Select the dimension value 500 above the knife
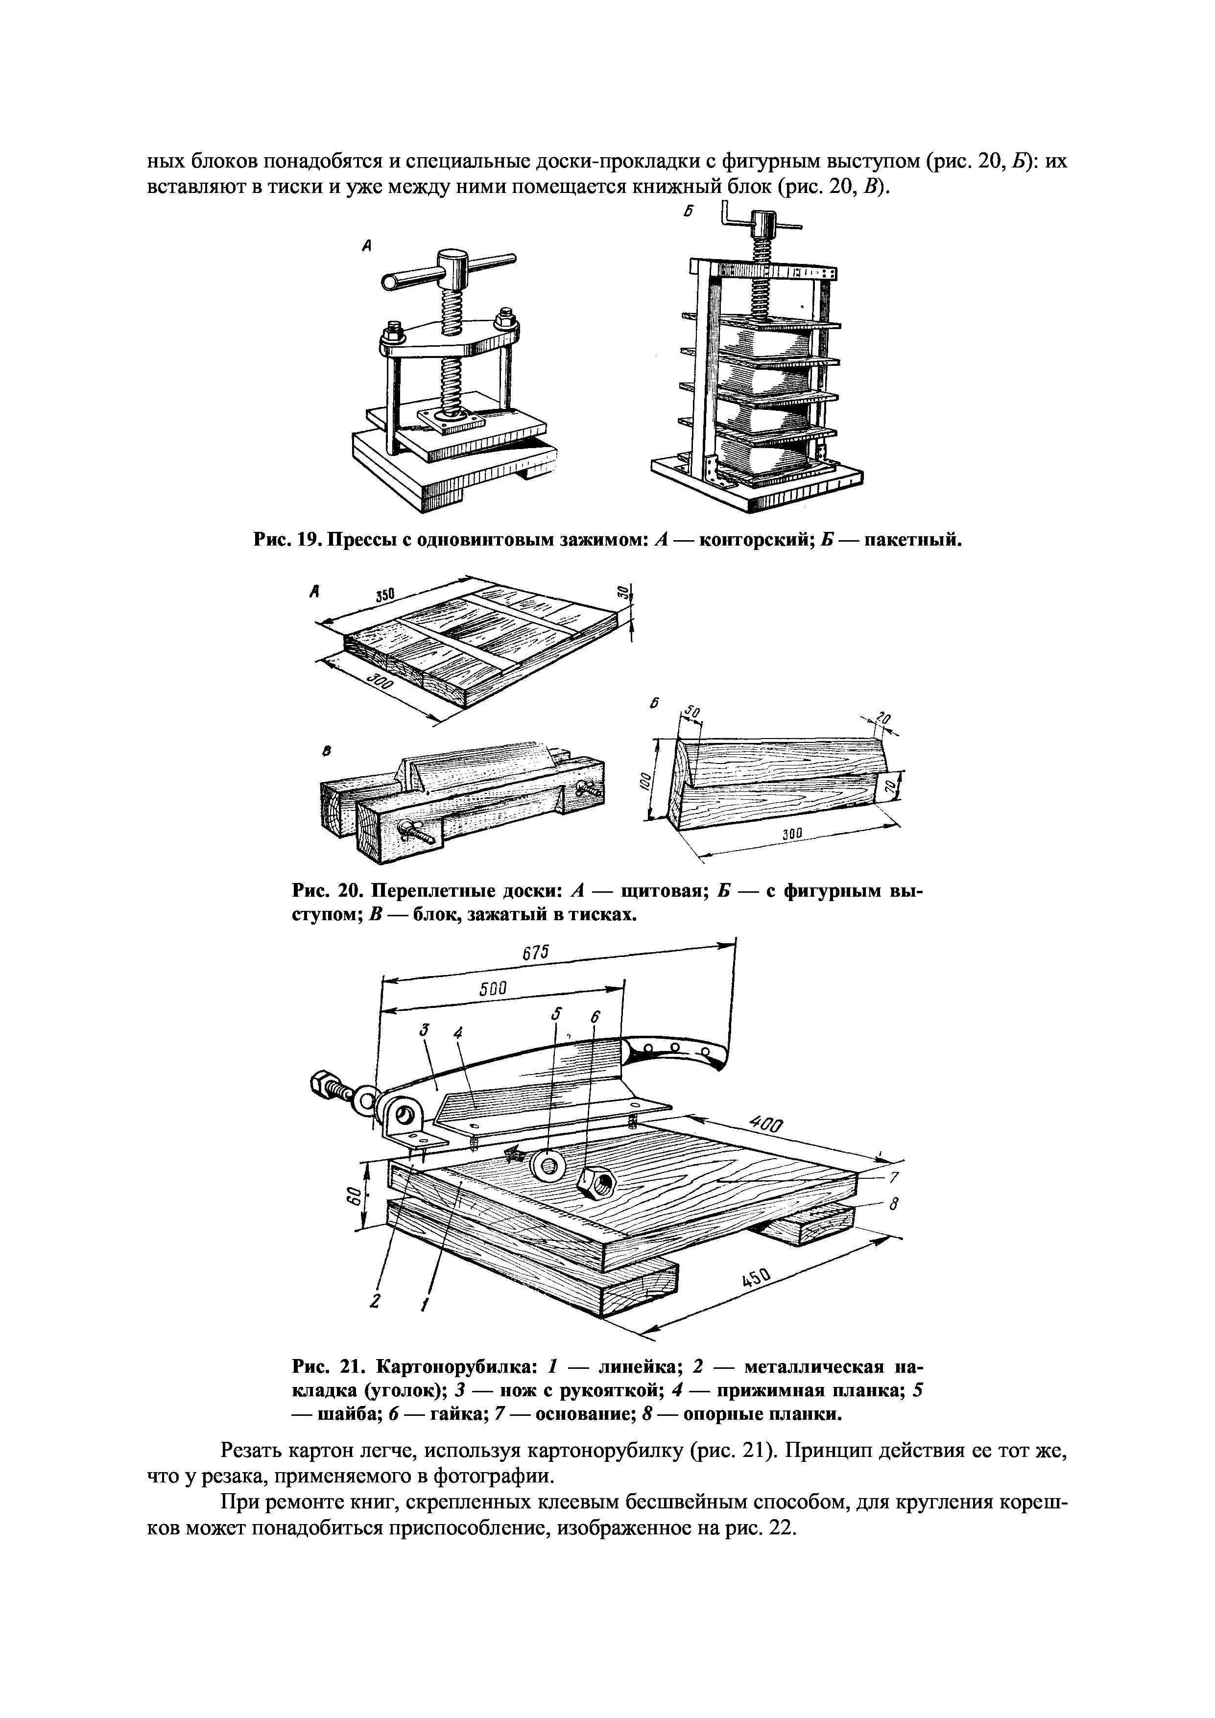pyautogui.click(x=493, y=988)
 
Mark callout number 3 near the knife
pyautogui.click(x=424, y=1031)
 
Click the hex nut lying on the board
pyautogui.click(x=596, y=1184)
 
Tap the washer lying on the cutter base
pyautogui.click(x=548, y=1166)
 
